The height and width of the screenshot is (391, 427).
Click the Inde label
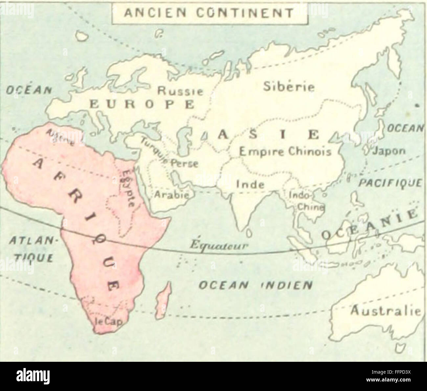click(250, 184)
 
